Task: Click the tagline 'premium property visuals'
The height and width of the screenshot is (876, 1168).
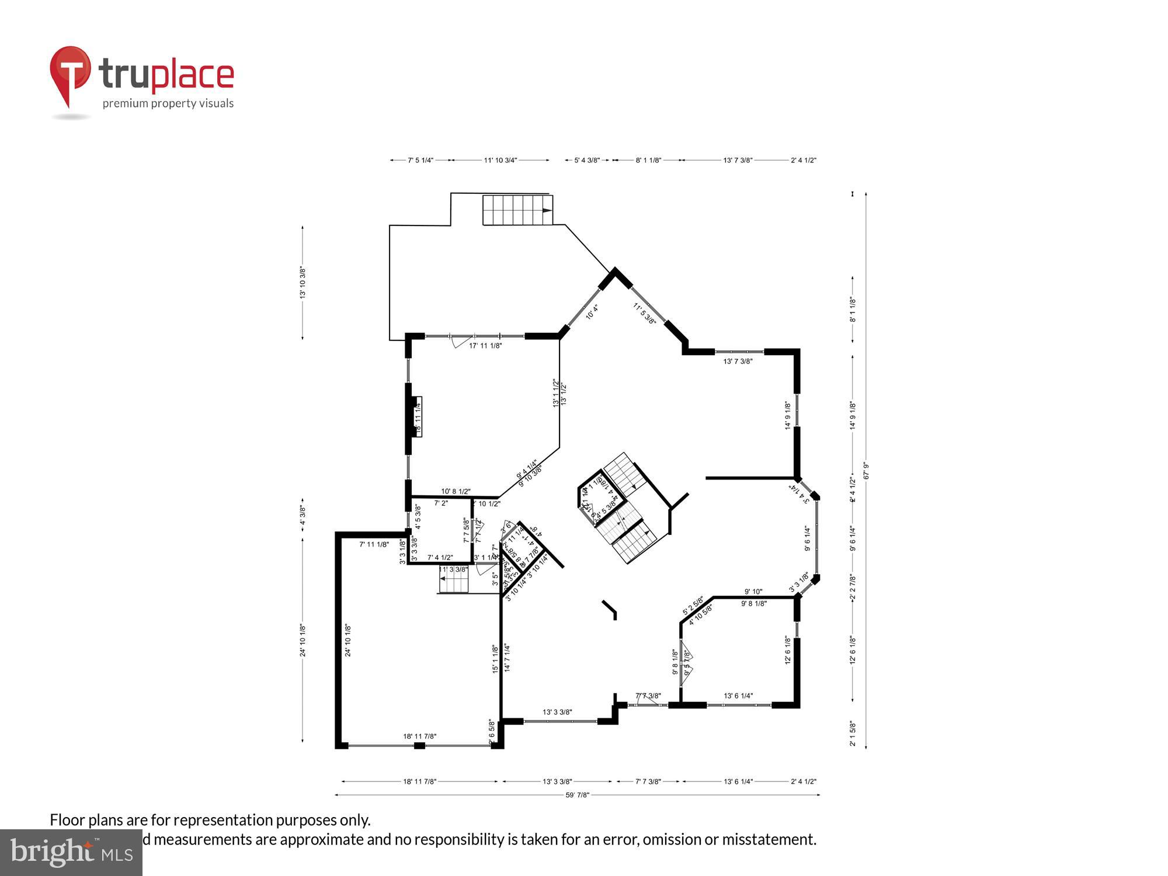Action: coord(168,104)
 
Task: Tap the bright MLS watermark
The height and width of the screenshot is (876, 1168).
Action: coord(71,853)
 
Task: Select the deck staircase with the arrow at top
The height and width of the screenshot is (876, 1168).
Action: coord(517,210)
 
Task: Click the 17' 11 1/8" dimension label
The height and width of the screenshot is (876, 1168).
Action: coord(485,346)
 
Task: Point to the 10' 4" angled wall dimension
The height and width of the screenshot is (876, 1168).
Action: coord(592,312)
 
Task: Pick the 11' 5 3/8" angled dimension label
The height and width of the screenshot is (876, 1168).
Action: coord(645,314)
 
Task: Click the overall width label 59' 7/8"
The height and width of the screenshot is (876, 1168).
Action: coord(578,795)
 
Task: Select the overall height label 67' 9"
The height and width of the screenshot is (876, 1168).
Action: coord(866,471)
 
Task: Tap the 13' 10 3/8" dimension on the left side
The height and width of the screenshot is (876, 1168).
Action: coord(303,283)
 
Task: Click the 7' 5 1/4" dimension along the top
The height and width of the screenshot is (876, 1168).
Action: coord(420,160)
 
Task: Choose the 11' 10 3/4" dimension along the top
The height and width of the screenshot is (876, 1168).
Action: coord(500,160)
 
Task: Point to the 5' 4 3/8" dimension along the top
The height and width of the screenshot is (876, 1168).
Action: coord(587,160)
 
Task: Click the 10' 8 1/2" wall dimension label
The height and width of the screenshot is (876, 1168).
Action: coord(456,492)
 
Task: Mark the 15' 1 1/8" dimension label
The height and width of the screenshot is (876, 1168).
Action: coord(495,659)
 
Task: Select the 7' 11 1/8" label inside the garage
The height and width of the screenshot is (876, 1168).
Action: coord(374,544)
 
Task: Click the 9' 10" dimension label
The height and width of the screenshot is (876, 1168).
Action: coord(753,592)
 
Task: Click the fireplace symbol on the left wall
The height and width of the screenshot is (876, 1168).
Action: coord(418,416)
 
